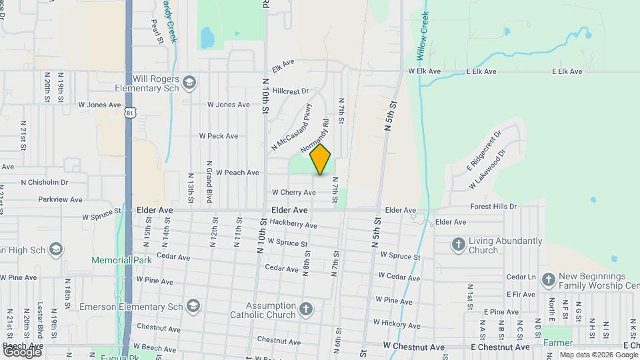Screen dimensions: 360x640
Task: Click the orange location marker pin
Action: tap(321, 159)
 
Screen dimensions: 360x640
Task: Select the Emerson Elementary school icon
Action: tap(193, 305)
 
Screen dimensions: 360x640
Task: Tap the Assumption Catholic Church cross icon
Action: tap(305, 309)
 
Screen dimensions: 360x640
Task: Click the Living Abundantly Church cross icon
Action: tap(458, 245)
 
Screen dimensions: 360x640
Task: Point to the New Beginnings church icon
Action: tap(548, 279)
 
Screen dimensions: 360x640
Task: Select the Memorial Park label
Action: tap(117, 260)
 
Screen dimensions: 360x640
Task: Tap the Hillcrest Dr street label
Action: tap(291, 91)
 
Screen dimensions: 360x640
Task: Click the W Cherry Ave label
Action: tap(293, 192)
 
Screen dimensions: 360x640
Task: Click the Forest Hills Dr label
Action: tap(493, 207)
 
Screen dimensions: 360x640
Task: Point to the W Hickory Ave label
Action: tap(397, 323)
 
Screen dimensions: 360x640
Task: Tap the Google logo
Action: tap(22, 351)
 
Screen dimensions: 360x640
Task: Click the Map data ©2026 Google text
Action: tap(599, 355)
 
